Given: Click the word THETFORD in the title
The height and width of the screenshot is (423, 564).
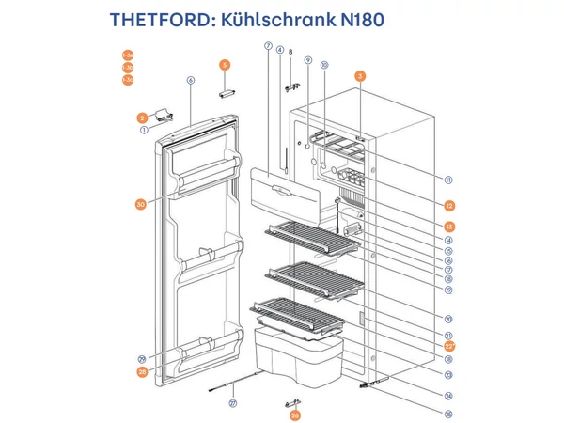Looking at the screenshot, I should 159,20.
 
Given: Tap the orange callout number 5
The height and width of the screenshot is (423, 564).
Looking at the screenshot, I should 225,64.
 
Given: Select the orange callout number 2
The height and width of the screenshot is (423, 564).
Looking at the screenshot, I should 141,117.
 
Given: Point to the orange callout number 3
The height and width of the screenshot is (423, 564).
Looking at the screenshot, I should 359,74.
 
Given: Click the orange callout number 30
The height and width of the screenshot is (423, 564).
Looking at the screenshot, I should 141,203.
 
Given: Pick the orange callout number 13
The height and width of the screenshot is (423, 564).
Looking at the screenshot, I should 449,227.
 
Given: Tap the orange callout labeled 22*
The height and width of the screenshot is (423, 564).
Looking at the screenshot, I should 449,346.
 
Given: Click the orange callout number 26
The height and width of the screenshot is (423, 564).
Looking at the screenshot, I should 295,414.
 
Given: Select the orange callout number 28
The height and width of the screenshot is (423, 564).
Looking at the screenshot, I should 141,371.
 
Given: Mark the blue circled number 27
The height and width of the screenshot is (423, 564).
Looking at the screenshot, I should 234,403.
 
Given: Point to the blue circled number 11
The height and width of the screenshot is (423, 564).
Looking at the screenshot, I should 449,180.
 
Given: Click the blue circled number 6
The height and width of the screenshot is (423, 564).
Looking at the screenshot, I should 190,80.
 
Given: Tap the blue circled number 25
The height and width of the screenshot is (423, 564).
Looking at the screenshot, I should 449,414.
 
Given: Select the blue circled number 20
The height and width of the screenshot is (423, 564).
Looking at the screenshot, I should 449,319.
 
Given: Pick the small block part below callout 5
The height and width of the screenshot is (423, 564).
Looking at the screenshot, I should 227,94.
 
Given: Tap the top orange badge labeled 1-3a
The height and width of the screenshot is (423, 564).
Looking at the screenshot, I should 128,55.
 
